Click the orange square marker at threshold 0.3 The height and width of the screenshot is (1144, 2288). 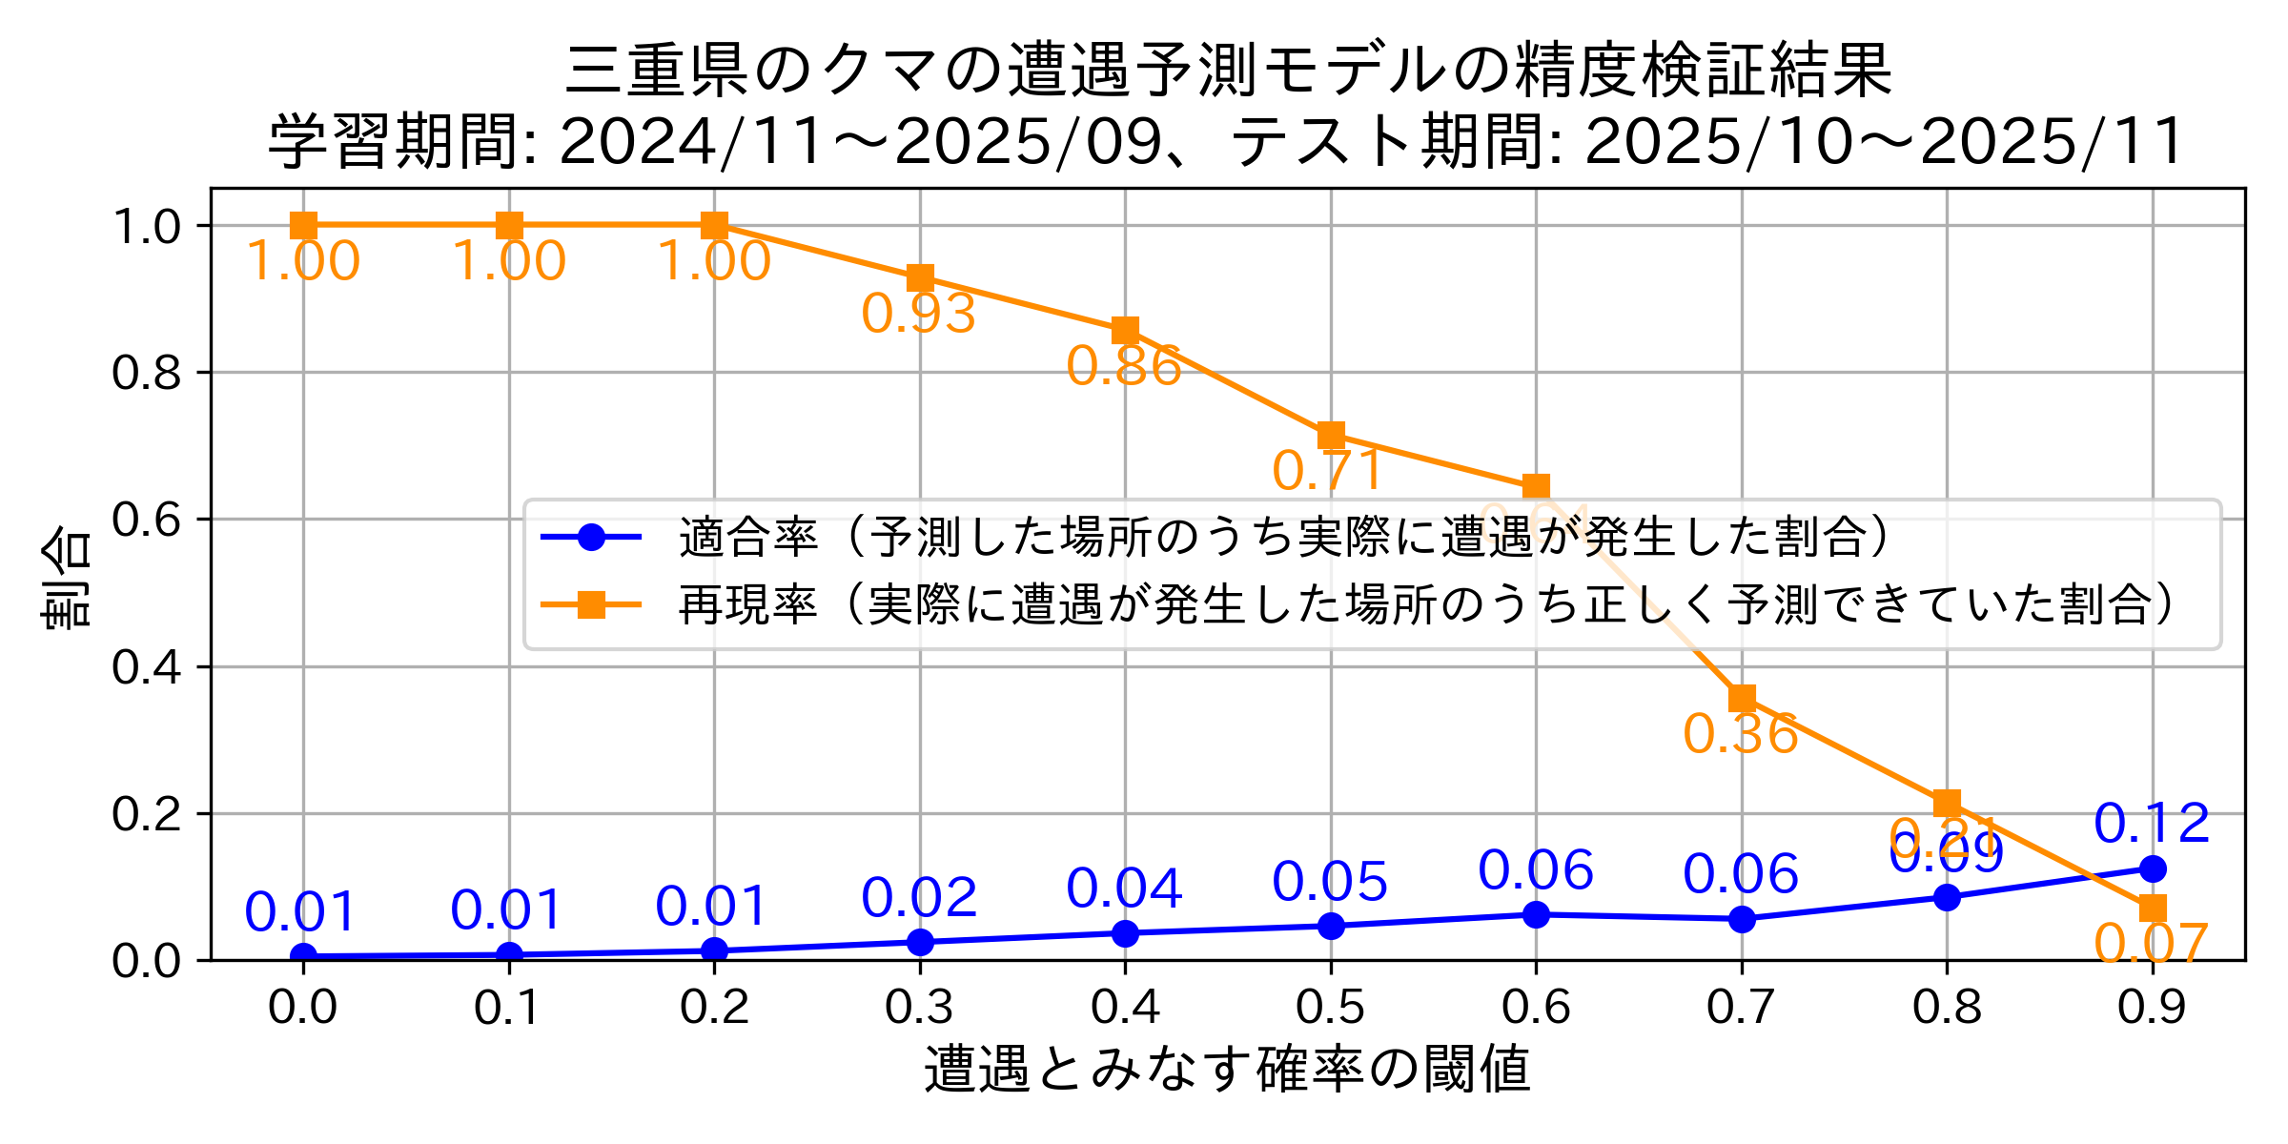(920, 278)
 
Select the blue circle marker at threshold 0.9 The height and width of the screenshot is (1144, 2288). (2153, 868)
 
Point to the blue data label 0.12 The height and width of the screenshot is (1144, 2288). (2152, 824)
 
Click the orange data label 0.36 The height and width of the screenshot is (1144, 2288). (1740, 734)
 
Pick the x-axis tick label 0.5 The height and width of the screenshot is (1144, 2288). (1330, 1008)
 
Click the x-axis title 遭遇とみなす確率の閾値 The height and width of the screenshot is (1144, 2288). (1227, 1069)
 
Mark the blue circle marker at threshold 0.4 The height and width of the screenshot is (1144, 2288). (1125, 933)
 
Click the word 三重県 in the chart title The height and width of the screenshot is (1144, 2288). (658, 71)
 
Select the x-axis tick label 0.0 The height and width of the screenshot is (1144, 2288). (302, 1008)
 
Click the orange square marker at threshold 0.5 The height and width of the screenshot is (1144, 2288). (1331, 437)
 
